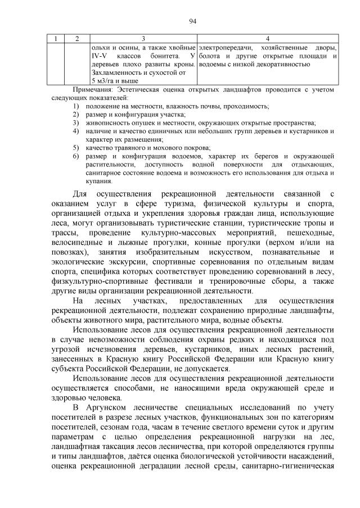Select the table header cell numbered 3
pos(143,38)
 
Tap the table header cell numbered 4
pos(267,38)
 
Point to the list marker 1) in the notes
pos(75,106)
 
